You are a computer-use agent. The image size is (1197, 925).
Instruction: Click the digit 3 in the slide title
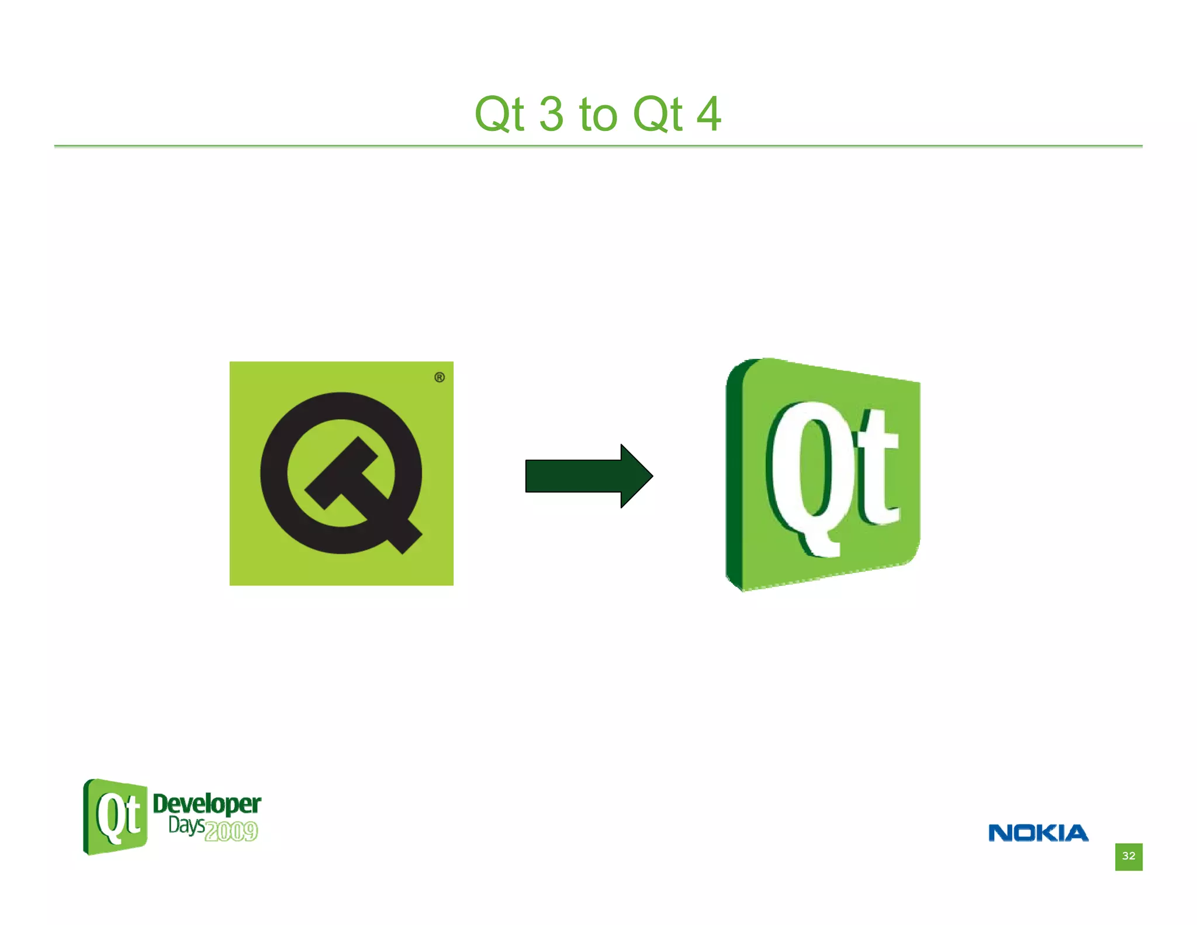click(551, 114)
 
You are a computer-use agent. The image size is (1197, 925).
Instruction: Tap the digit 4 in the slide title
click(709, 114)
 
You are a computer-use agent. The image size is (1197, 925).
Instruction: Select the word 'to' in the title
click(598, 115)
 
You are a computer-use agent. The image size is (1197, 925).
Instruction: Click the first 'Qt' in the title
click(499, 114)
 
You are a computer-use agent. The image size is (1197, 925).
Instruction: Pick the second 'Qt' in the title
click(658, 114)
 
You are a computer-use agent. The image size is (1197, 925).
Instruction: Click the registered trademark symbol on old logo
click(440, 377)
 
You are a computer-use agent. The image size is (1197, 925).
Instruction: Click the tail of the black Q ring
click(403, 535)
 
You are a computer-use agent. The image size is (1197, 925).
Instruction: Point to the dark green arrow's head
click(635, 476)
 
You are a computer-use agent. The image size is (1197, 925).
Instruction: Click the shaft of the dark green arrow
click(573, 476)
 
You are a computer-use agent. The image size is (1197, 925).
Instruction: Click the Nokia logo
click(1038, 833)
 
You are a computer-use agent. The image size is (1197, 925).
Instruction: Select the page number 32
click(1128, 856)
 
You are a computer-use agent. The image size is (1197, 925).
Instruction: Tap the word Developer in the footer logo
click(206, 805)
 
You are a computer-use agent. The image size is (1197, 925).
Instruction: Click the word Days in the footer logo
click(186, 826)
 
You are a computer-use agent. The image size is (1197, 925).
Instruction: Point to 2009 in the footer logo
click(231, 831)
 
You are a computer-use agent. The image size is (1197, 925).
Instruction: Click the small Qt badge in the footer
click(116, 816)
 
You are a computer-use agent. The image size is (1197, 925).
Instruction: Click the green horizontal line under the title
click(598, 146)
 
